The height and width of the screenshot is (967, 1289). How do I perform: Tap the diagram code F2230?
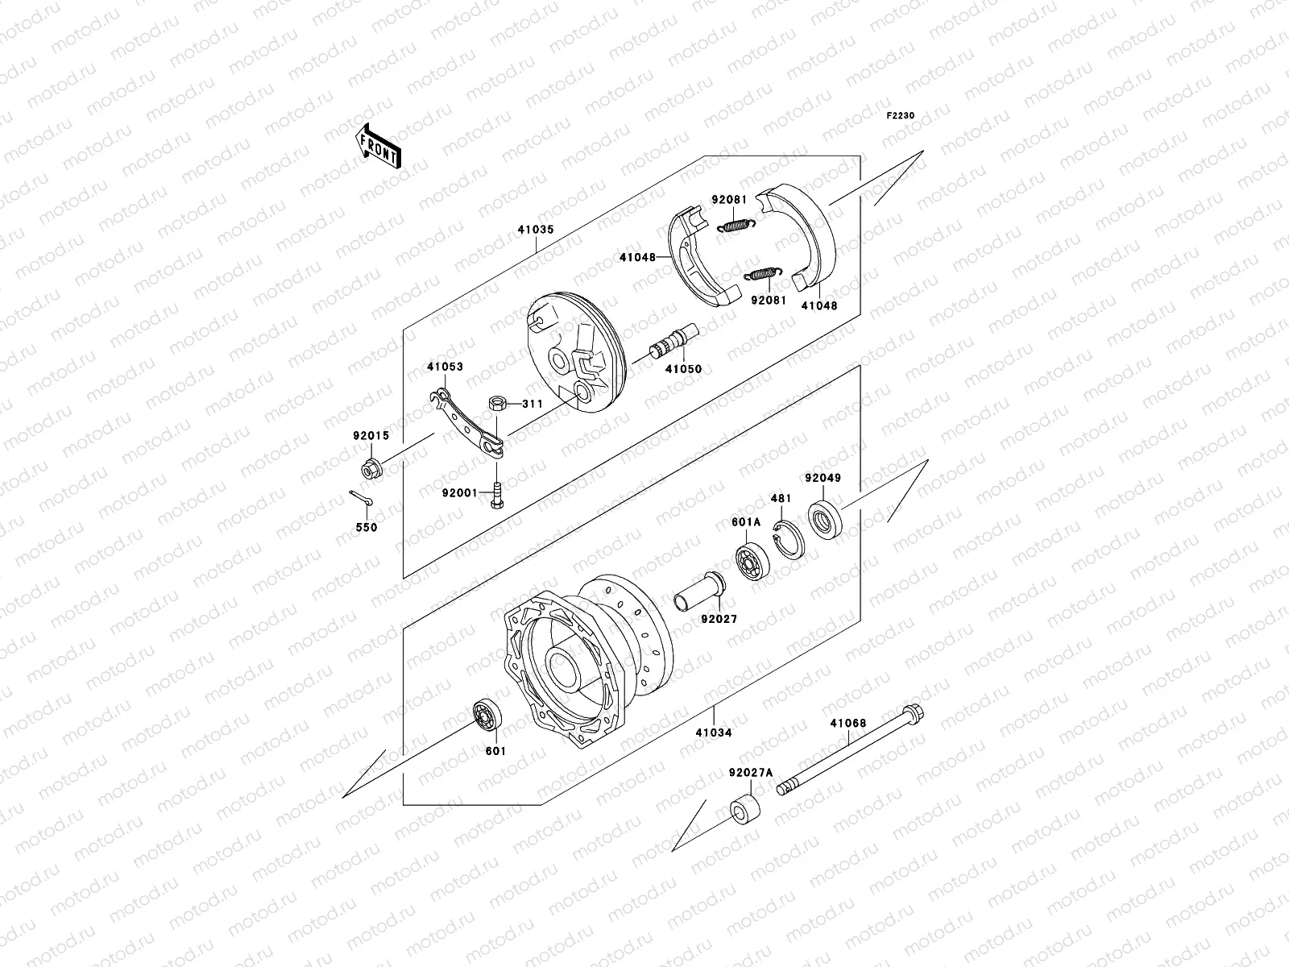tap(901, 116)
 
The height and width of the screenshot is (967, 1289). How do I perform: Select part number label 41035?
tap(535, 229)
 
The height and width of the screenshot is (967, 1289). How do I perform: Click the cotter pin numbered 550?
tap(362, 500)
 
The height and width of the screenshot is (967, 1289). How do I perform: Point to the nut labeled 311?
tap(497, 403)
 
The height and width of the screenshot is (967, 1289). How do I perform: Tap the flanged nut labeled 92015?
tap(372, 467)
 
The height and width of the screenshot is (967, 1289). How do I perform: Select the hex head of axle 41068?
tap(913, 713)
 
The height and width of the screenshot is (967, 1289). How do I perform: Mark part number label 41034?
tap(715, 733)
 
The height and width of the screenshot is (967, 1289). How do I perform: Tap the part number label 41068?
tap(848, 723)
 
